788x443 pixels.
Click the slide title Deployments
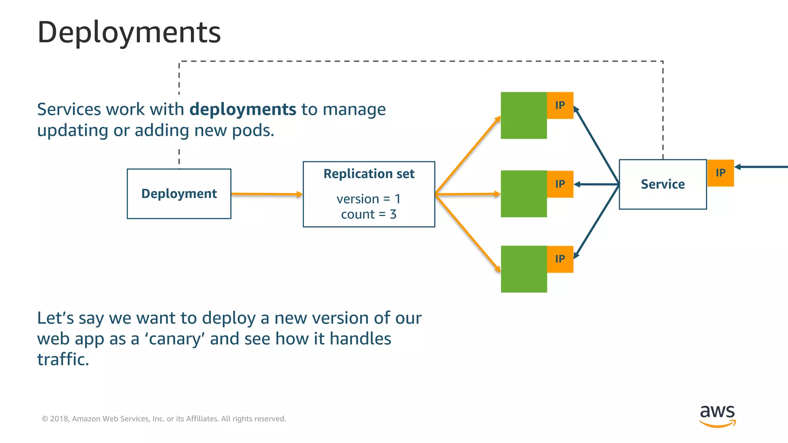tap(129, 32)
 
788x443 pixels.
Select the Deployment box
tap(179, 194)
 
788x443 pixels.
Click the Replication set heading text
tap(369, 174)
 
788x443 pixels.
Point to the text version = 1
tap(369, 199)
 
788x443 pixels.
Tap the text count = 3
tap(369, 214)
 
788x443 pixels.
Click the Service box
tap(663, 185)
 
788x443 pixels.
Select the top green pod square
tap(523, 115)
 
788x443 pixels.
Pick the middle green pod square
tap(523, 194)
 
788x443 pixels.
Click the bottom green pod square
tap(523, 269)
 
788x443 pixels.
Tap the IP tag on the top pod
tap(560, 105)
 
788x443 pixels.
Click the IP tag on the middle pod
tap(560, 184)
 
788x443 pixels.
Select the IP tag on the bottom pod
tap(560, 259)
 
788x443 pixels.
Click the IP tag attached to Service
tap(720, 173)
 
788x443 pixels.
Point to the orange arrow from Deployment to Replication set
tap(266, 194)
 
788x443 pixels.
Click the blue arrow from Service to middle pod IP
tap(596, 185)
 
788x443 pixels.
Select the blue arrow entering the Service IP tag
tap(762, 167)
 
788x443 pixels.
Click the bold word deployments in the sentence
tap(242, 110)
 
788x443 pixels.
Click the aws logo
tap(717, 415)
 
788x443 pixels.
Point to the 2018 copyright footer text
tap(164, 419)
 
